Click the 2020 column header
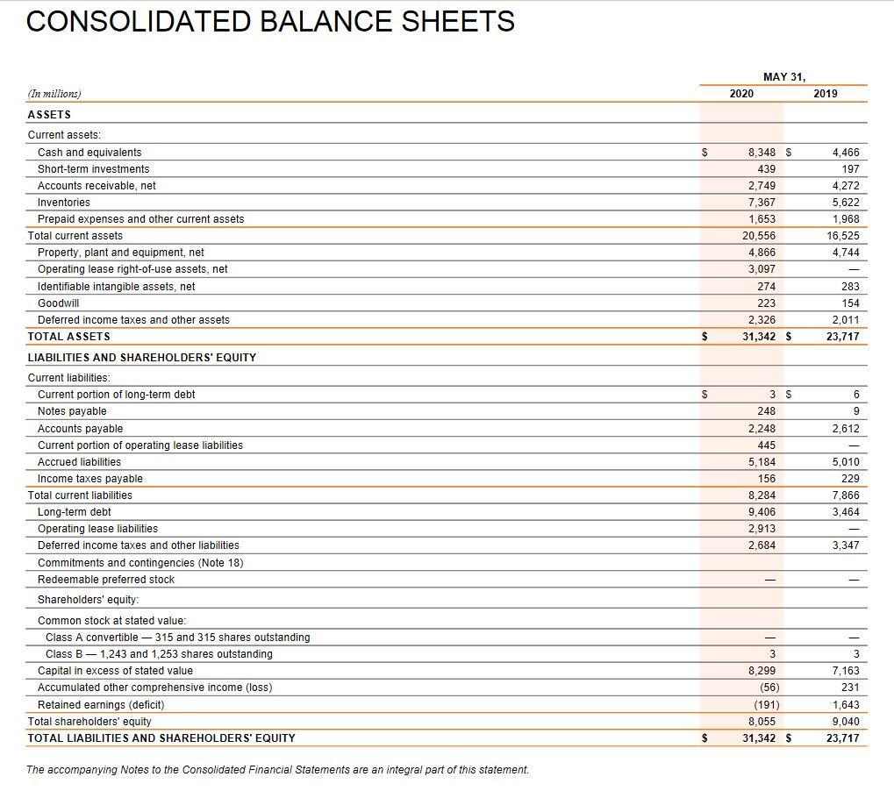[741, 93]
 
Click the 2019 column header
[826, 93]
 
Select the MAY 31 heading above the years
[783, 76]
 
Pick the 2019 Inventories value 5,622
[845, 203]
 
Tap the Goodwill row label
[58, 303]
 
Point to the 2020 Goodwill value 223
[766, 303]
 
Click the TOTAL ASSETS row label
[69, 337]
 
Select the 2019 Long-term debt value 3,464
[845, 512]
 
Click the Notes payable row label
[72, 411]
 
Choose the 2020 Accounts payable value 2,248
[762, 429]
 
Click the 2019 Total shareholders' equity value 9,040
[845, 722]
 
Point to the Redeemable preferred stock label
[106, 580]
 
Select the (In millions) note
[54, 94]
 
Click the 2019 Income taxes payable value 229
[850, 479]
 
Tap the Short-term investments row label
[93, 169]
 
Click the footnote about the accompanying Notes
[277, 770]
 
